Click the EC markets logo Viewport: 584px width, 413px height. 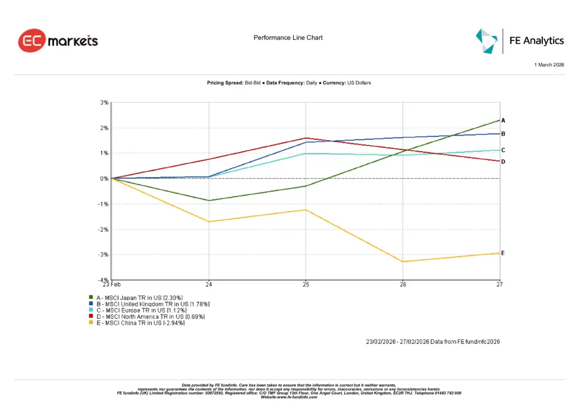pyautogui.click(x=58, y=41)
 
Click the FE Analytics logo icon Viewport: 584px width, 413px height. pyautogui.click(x=486, y=41)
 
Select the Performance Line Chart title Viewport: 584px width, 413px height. pyautogui.click(x=288, y=38)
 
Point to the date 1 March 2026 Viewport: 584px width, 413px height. pyautogui.click(x=549, y=65)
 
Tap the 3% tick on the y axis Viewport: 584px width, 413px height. pyautogui.click(x=104, y=103)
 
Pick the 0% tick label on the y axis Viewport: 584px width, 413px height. pyautogui.click(x=104, y=179)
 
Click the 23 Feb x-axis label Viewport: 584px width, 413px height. pyautogui.click(x=111, y=284)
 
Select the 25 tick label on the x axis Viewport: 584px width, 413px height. pyautogui.click(x=306, y=284)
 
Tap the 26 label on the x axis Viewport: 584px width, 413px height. pyautogui.click(x=403, y=284)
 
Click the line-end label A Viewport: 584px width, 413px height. pyautogui.click(x=503, y=120)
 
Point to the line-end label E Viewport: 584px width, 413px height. pyautogui.click(x=502, y=253)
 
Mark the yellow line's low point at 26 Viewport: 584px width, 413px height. pyautogui.click(x=403, y=262)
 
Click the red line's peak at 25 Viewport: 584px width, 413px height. pyautogui.click(x=306, y=138)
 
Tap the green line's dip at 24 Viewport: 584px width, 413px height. pyautogui.click(x=209, y=200)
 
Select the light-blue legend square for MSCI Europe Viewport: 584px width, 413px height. pyautogui.click(x=91, y=310)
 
